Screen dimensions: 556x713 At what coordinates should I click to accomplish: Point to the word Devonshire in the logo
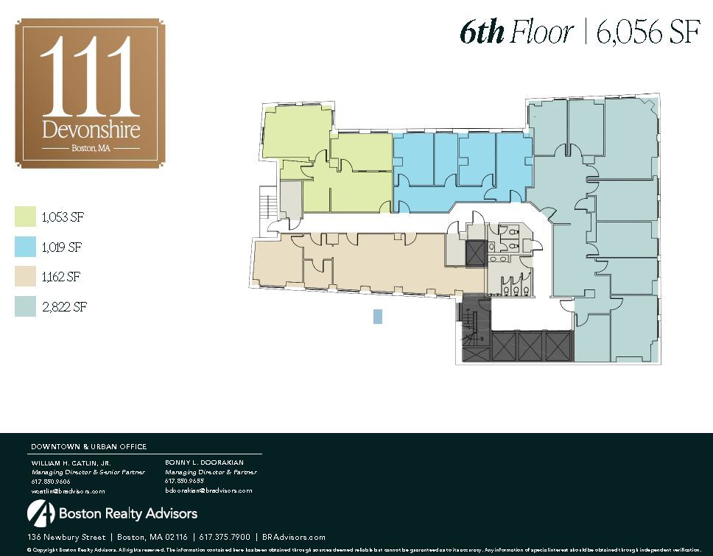pos(91,130)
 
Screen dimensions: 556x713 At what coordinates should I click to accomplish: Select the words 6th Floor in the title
pos(516,33)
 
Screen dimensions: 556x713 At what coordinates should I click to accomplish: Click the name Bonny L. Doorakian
pos(203,462)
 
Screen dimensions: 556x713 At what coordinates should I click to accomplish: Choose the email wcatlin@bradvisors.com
pos(68,490)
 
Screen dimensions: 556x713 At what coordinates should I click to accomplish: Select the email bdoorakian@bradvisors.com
pos(208,490)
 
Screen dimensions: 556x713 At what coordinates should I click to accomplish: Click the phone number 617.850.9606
pos(51,481)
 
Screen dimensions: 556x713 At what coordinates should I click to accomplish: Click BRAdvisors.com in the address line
pos(294,538)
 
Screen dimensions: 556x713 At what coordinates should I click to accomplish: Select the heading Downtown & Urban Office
pos(88,446)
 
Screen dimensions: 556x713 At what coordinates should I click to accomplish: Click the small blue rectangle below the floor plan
pos(378,317)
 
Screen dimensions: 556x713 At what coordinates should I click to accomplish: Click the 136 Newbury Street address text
pos(68,538)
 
